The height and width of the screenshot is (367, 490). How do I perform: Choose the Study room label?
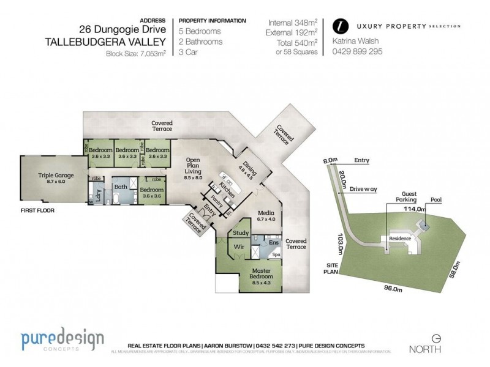240,233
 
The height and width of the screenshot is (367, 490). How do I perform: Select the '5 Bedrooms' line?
201,31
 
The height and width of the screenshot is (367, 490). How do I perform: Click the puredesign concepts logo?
62,341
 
